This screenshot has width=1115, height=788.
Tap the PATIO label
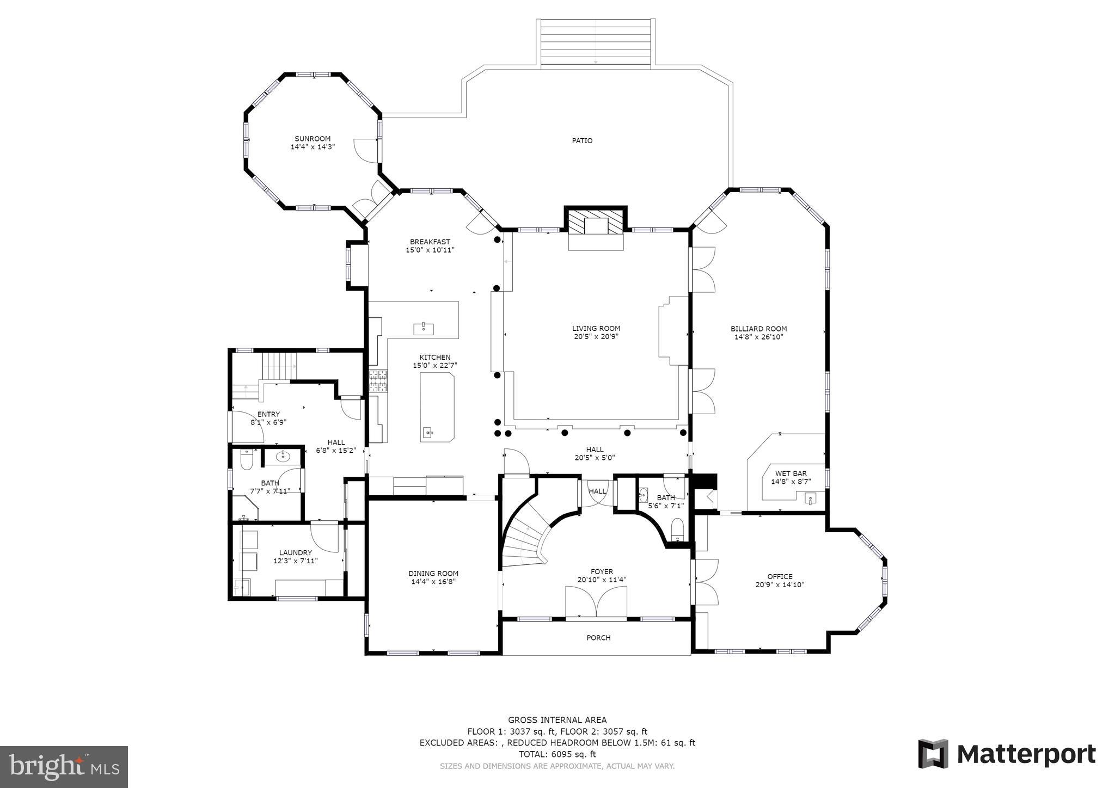coord(582,141)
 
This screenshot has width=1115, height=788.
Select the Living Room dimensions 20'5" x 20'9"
coord(596,336)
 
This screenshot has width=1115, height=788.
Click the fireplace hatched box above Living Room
coord(596,221)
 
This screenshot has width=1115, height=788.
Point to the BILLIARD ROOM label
coord(758,329)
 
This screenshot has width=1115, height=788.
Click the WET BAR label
coord(791,473)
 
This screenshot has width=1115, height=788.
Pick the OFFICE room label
coord(780,576)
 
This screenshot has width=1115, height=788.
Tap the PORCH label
coord(598,638)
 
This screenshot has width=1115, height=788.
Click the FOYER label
coord(602,571)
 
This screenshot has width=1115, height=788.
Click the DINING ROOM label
coord(433,574)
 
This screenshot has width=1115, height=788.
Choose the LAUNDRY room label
coord(296,553)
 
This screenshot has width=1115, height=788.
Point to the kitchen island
coord(437,407)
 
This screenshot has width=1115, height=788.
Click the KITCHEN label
coord(435,358)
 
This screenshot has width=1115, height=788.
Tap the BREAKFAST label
coord(430,242)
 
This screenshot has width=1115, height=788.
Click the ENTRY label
coord(268,415)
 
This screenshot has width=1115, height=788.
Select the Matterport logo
coord(1007,754)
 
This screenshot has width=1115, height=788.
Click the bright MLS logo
coord(64,767)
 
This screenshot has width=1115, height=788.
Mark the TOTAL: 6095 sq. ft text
coord(557,754)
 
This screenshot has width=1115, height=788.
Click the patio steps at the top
coord(596,42)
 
